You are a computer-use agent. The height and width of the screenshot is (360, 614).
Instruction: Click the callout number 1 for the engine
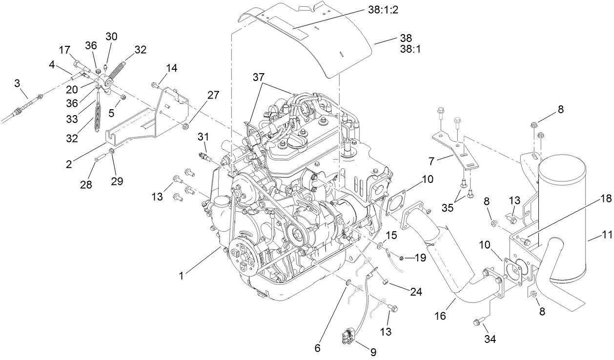tap(181, 276)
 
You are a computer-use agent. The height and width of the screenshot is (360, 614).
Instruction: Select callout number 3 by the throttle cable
tap(17, 83)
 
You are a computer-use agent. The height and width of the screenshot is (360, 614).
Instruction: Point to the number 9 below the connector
tap(373, 351)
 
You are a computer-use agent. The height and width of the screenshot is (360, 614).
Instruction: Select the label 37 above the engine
tap(260, 77)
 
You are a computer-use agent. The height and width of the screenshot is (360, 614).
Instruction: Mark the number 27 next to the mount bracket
tap(213, 96)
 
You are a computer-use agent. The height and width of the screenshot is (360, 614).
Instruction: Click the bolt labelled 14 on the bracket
tap(155, 86)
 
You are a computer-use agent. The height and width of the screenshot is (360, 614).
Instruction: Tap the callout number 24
tap(416, 292)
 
